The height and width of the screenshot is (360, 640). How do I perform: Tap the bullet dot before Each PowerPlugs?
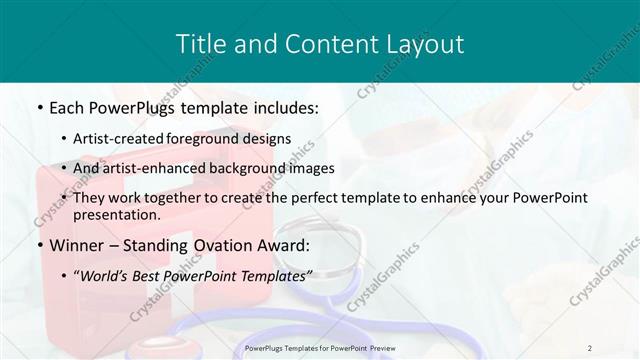[x=38, y=105]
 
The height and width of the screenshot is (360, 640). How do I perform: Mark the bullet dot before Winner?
[x=38, y=245]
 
